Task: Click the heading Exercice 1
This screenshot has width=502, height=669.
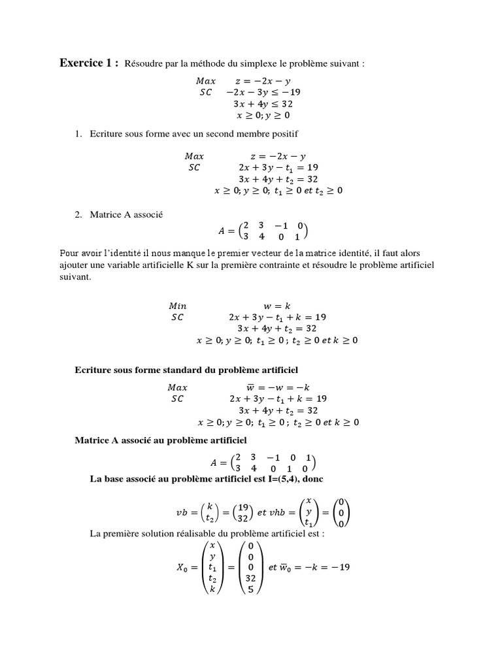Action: click(x=89, y=63)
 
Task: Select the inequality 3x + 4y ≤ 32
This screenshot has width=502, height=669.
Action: click(x=263, y=103)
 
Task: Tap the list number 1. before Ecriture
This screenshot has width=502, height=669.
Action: click(x=77, y=134)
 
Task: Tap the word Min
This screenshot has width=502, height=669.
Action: click(x=177, y=305)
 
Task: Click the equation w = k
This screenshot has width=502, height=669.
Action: click(x=276, y=305)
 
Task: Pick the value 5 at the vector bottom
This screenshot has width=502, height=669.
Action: click(x=251, y=589)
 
